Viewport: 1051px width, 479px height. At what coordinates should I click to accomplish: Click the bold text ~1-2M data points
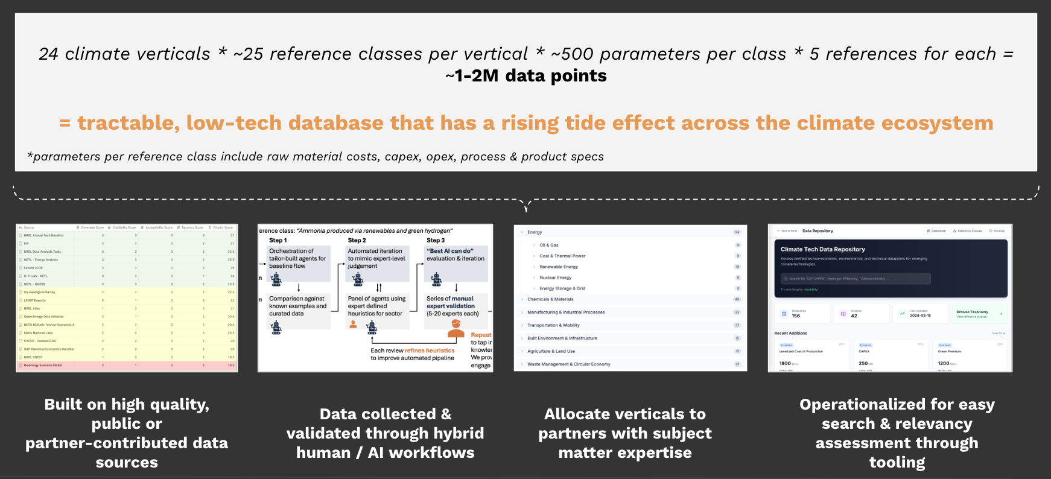click(525, 76)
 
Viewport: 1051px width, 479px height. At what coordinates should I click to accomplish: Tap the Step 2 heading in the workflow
click(357, 240)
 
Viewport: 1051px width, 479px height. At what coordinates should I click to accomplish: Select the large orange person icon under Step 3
click(456, 329)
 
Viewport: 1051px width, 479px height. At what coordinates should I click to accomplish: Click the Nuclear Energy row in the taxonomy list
click(555, 278)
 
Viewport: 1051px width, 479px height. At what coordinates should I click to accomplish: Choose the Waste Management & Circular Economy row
click(568, 364)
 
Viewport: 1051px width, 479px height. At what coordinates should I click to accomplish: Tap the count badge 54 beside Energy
click(737, 232)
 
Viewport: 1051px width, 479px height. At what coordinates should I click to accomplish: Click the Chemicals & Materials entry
click(550, 299)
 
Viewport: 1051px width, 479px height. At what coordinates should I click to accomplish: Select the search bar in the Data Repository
click(856, 279)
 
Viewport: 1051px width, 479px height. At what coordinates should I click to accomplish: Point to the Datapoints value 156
click(796, 316)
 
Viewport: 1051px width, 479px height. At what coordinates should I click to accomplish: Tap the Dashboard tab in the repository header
click(936, 231)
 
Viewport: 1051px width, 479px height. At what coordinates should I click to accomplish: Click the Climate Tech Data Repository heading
click(822, 249)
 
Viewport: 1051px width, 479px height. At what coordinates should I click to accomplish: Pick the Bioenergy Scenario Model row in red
click(43, 366)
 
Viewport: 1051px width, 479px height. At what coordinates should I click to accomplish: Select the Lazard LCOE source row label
click(33, 268)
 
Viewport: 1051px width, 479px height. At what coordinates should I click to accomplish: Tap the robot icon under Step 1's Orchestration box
click(276, 279)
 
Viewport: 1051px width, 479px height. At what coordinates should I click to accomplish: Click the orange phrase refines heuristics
click(430, 351)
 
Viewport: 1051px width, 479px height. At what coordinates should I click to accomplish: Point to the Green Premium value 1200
click(944, 363)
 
